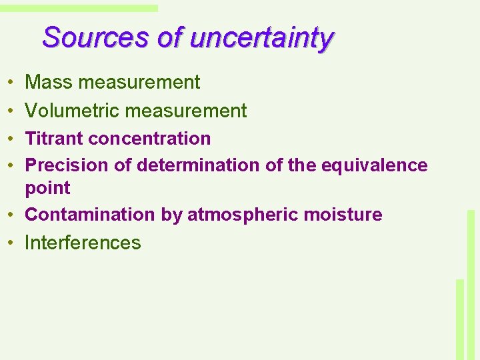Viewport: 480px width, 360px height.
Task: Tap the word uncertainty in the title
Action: point(261,39)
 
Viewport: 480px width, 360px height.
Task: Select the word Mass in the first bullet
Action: point(49,82)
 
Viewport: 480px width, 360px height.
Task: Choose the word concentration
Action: point(149,139)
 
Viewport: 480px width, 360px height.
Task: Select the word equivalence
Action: point(374,165)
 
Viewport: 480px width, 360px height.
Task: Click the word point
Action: point(47,189)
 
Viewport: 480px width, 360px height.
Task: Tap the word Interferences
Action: point(83,243)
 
